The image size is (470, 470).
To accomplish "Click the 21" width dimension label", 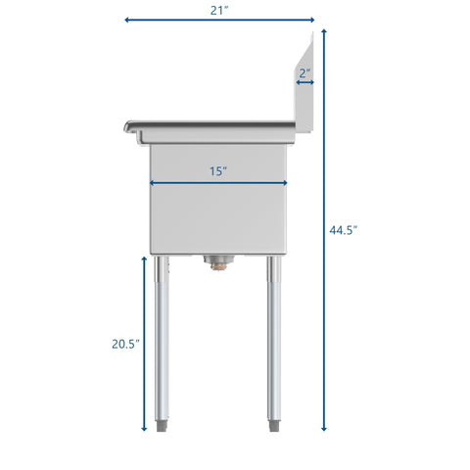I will pos(219,10).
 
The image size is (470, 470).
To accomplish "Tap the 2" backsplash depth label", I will pos(305,71).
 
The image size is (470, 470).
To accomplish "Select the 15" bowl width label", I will pos(218,170).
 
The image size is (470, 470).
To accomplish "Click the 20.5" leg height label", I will pos(123,343).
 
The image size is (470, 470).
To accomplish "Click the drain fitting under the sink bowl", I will pos(217,260).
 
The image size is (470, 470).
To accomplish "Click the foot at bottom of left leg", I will pos(164,427).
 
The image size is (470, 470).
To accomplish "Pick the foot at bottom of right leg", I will pos(275,427).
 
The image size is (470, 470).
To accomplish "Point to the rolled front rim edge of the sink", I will pos(129,126).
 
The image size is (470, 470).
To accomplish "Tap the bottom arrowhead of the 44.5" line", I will pos(324,428).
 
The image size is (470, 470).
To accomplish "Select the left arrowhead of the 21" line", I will pos(127,20).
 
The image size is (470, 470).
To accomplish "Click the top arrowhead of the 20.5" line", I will pos(144,259).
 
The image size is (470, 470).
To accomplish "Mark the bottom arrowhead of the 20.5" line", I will pos(144,428).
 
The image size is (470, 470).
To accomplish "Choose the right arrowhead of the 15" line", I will pos(285,182).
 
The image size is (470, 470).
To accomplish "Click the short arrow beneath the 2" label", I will pos(305,83).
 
